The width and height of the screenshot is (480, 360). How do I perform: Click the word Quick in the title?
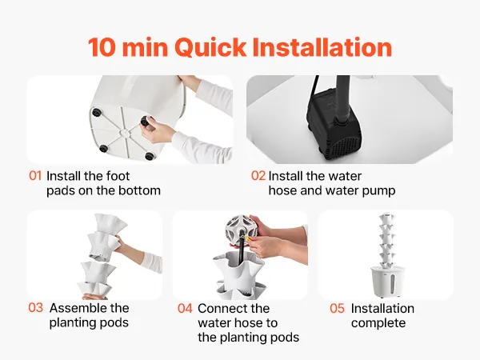tap(210, 47)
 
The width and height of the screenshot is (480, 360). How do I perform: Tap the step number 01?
tap(35, 176)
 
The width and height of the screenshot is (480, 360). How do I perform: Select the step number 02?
tap(258, 176)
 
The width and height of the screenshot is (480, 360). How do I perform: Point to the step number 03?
tap(35, 308)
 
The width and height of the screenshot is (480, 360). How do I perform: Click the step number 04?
tap(185, 308)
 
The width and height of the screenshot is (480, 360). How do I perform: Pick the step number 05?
tap(337, 308)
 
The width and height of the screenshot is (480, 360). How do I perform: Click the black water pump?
tap(334, 126)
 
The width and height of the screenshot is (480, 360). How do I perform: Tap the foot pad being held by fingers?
tap(145, 121)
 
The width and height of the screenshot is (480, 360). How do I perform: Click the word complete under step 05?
tap(378, 323)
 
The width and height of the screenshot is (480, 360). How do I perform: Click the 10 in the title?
tap(102, 47)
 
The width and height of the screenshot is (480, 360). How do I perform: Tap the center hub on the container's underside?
tap(125, 133)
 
